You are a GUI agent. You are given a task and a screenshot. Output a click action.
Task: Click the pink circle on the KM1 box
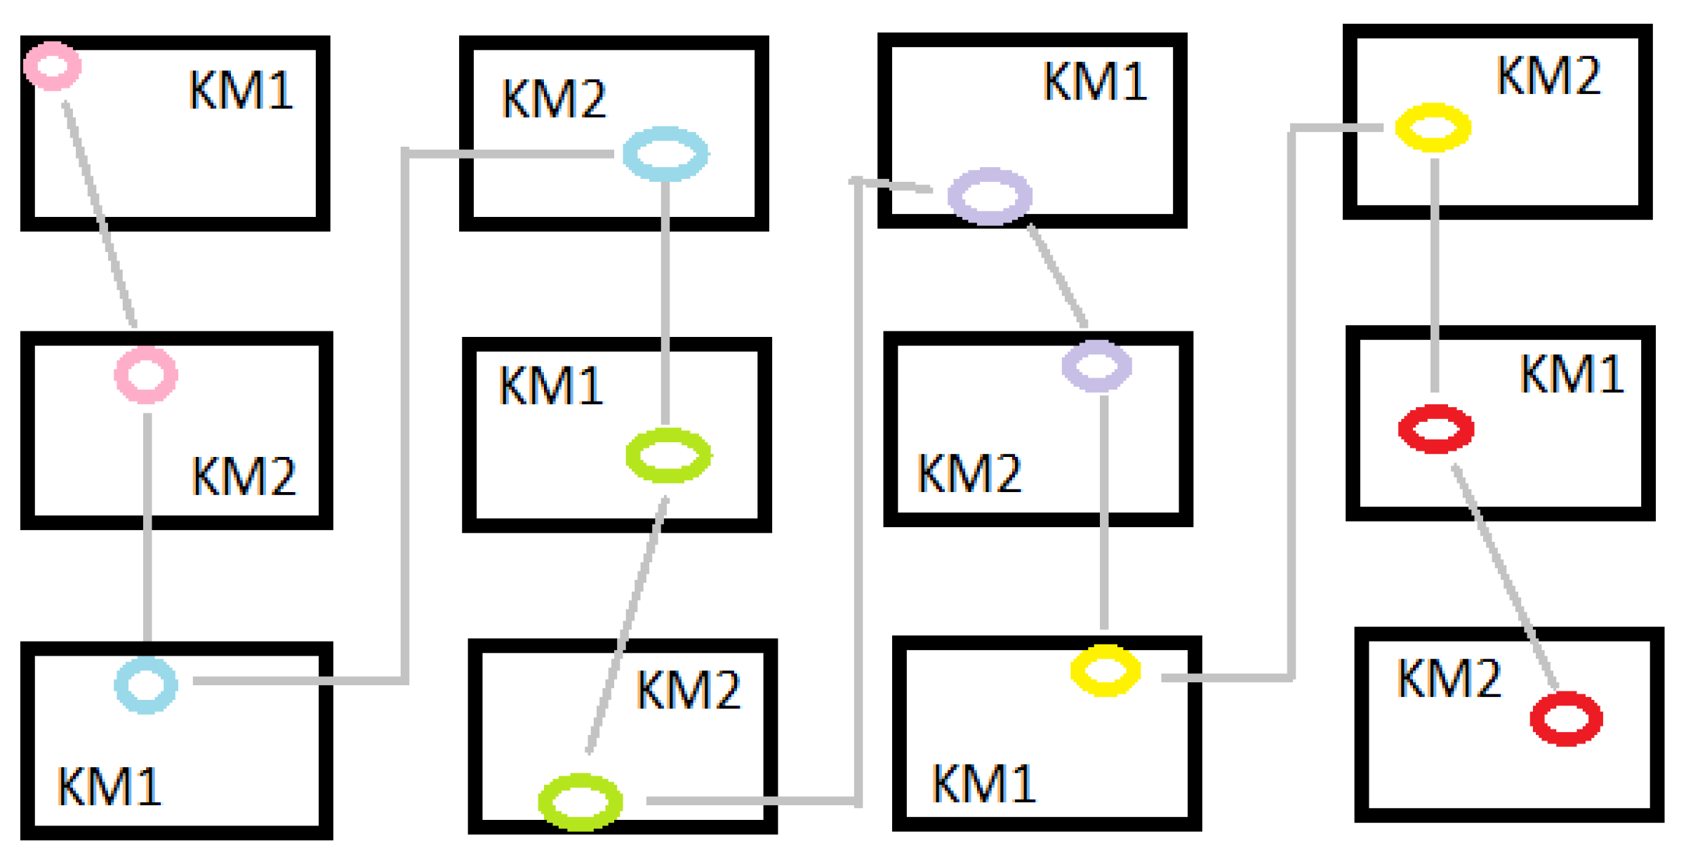coord(53,66)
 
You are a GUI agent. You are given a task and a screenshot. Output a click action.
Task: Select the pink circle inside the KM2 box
coord(146,376)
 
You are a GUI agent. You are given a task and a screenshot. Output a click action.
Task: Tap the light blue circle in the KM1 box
coord(146,685)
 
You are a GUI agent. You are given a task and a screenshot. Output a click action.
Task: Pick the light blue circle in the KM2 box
coord(665,154)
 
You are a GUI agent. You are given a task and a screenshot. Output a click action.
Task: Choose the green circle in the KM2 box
coord(580,802)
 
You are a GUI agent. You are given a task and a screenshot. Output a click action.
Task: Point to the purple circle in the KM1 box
coord(990,196)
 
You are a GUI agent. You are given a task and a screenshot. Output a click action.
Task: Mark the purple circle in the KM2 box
coord(1096,366)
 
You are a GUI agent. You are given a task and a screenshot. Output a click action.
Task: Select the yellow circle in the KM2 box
coord(1433,127)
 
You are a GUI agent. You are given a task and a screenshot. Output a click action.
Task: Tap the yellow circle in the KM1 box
coord(1105,670)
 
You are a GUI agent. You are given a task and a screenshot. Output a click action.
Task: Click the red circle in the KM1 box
coord(1436,429)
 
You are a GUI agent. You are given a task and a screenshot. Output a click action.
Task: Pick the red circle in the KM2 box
coord(1566,719)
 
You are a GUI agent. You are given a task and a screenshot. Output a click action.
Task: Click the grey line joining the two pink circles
coord(100,215)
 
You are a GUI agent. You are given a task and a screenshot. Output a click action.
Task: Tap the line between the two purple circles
coord(1057,275)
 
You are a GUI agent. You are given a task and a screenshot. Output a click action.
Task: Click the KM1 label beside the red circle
coord(1571,374)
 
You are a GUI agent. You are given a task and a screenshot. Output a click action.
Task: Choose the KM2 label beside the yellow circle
coord(1548,76)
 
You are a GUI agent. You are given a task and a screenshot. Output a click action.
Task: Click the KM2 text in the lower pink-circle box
coord(244,477)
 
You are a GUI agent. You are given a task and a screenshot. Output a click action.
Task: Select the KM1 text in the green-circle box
coord(551,386)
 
